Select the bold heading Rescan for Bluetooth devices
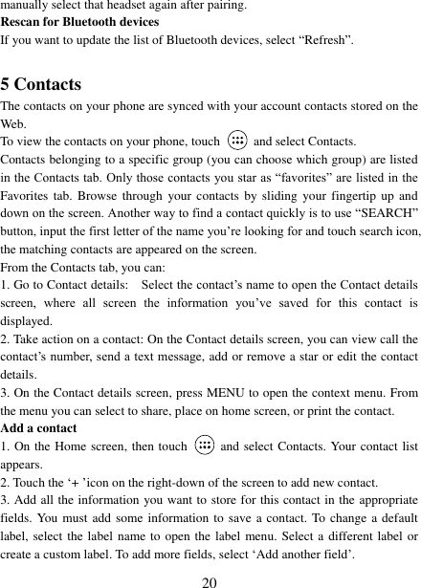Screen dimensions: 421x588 (79, 22)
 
